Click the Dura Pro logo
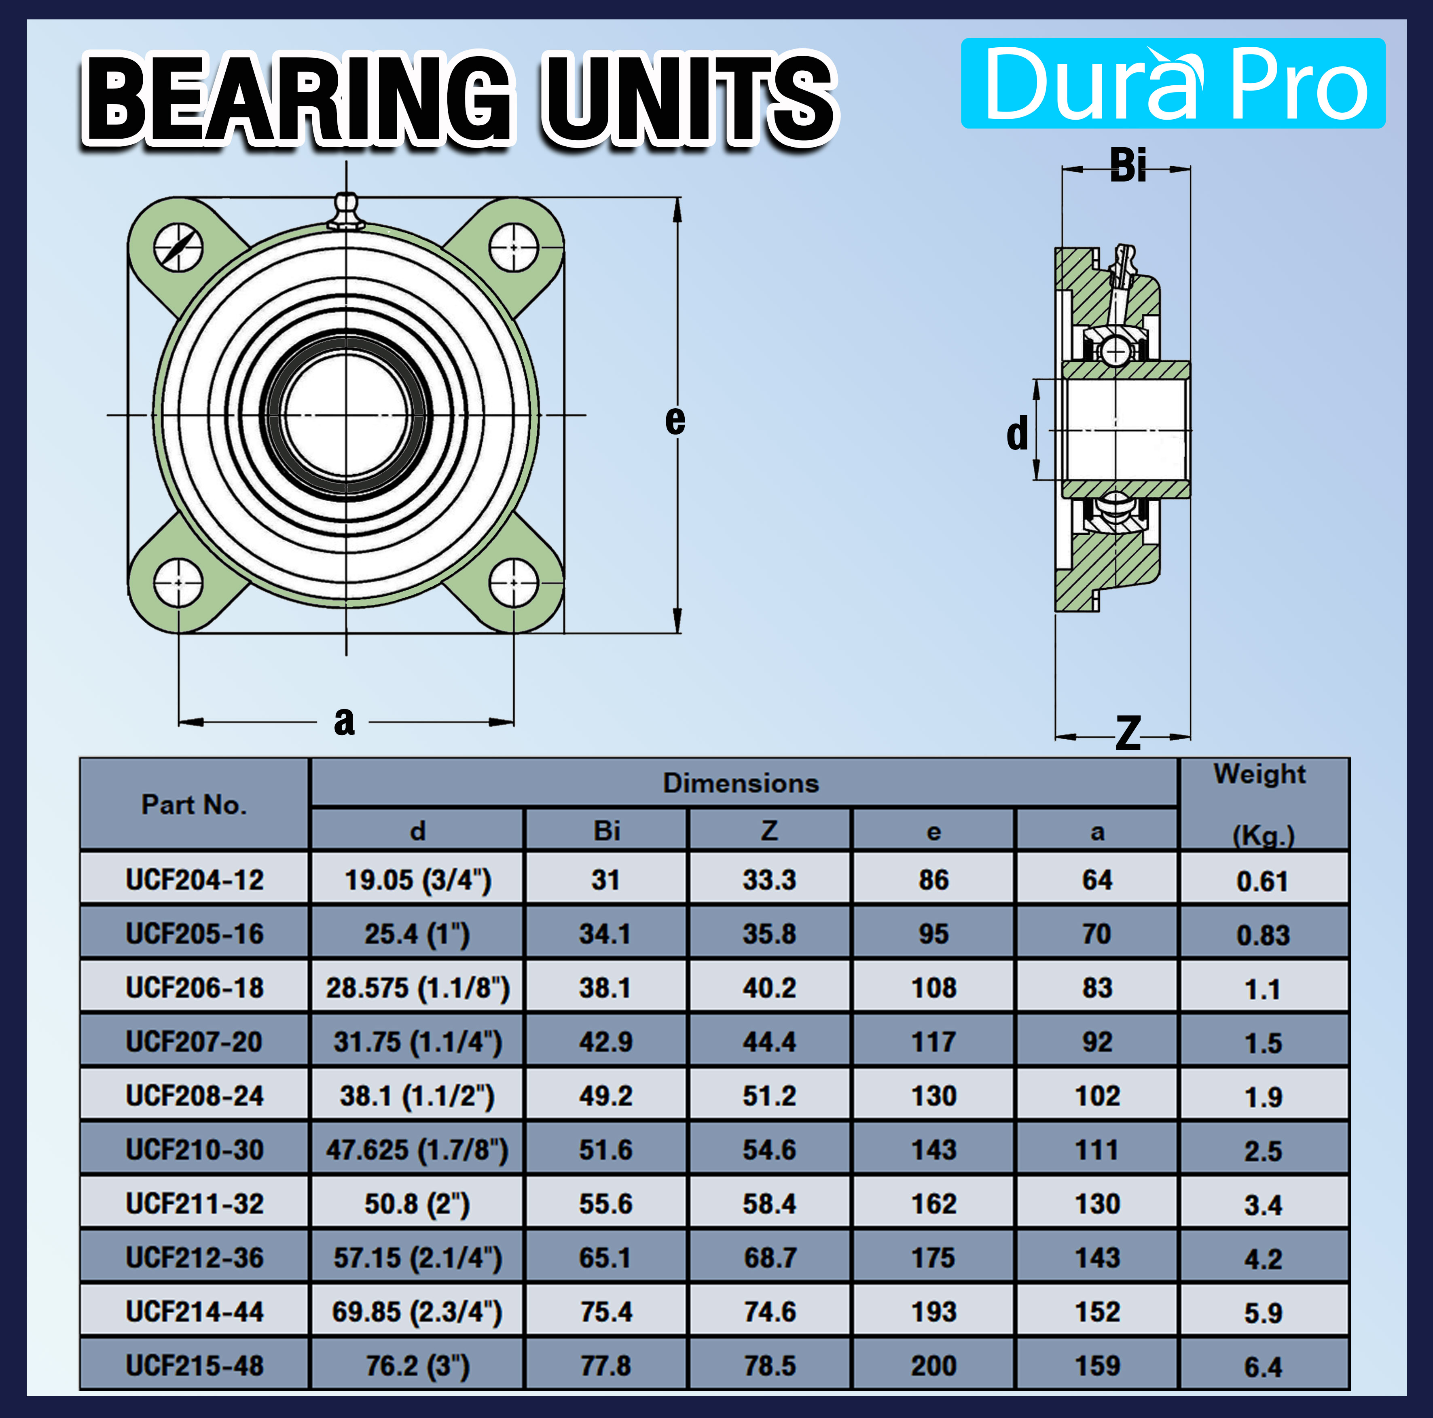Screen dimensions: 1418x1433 click(1173, 83)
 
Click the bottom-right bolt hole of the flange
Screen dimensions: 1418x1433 click(513, 582)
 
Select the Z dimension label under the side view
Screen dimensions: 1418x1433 click(1127, 734)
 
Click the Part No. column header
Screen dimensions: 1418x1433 click(194, 804)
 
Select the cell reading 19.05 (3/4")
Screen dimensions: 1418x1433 click(417, 880)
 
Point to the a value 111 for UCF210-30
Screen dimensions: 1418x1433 click(1097, 1150)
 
